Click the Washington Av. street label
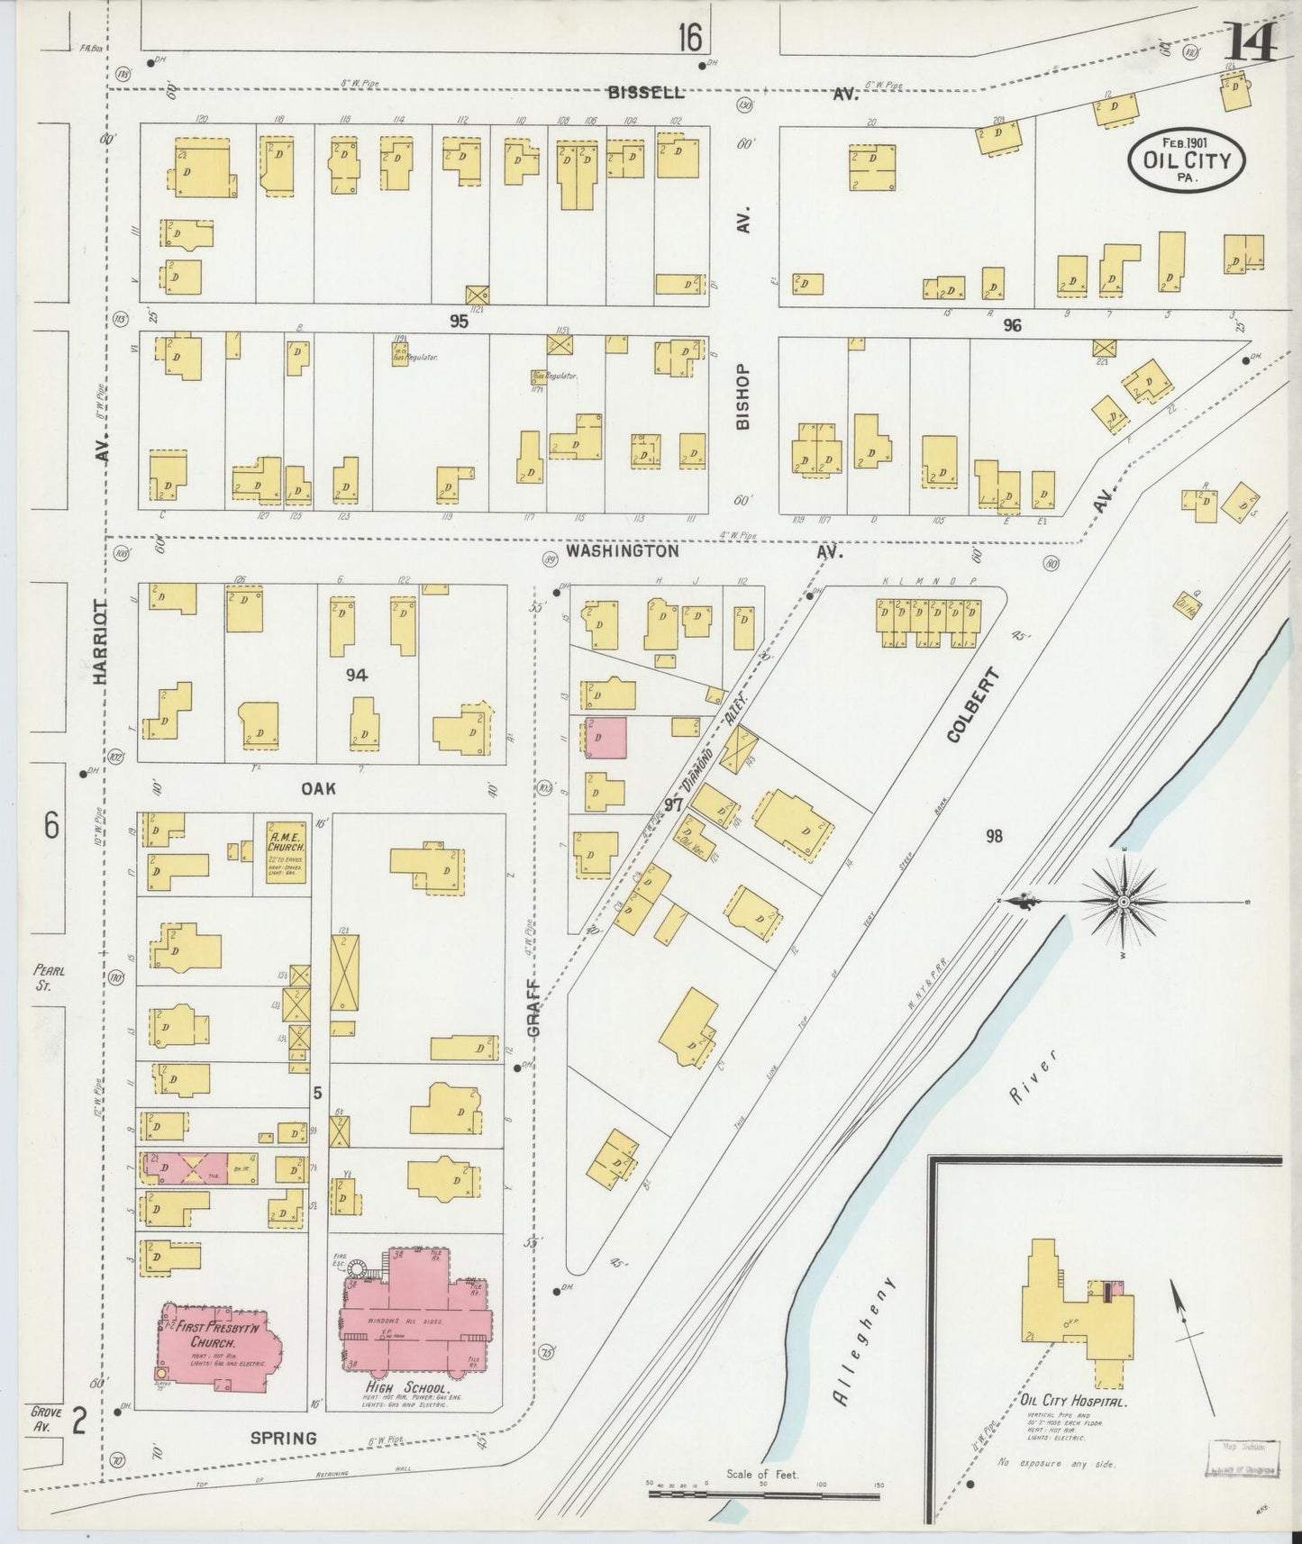click(622, 550)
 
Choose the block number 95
click(459, 321)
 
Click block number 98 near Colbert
click(993, 837)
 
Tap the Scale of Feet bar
click(763, 1496)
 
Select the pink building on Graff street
click(605, 738)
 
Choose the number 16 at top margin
click(690, 38)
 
